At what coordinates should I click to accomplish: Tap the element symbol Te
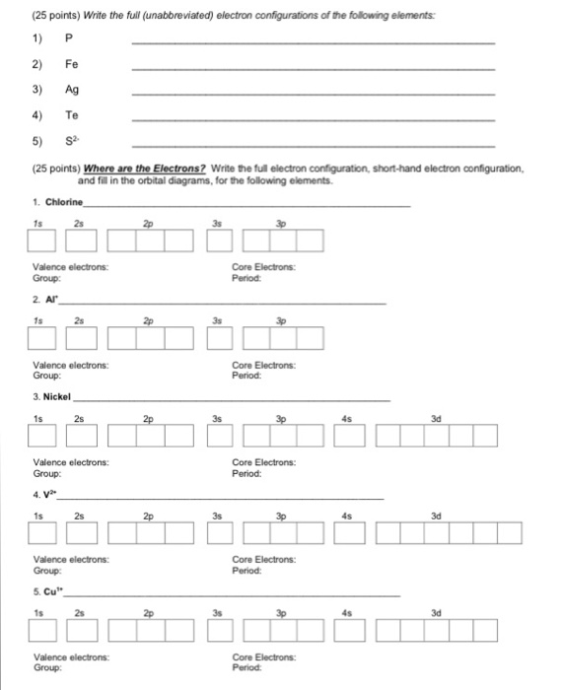pos(73,116)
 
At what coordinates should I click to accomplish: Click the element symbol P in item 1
pos(69,39)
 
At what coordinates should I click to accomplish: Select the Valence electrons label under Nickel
pos(70,462)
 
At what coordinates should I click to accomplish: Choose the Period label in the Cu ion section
pos(247,666)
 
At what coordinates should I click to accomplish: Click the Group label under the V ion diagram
pos(47,570)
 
